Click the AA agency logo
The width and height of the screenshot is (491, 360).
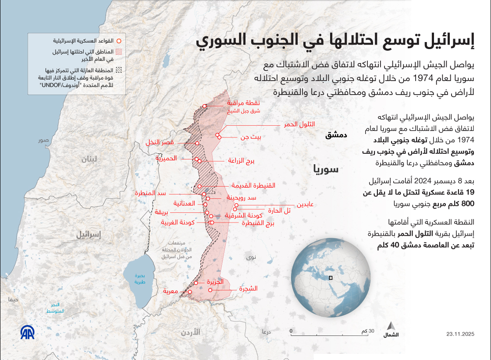coord(27,333)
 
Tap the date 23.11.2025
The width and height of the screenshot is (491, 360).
coord(461,334)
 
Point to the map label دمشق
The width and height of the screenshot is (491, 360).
coord(336,135)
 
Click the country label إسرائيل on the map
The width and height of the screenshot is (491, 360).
coord(89,235)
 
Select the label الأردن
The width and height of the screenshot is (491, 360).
coord(190,332)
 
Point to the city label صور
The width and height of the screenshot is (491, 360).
coord(43,141)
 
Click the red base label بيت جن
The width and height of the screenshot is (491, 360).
coord(251,137)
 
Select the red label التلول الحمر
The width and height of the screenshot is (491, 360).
coord(299,125)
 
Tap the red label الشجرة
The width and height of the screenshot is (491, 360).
coord(248,289)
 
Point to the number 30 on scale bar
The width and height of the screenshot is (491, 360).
coord(371,331)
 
